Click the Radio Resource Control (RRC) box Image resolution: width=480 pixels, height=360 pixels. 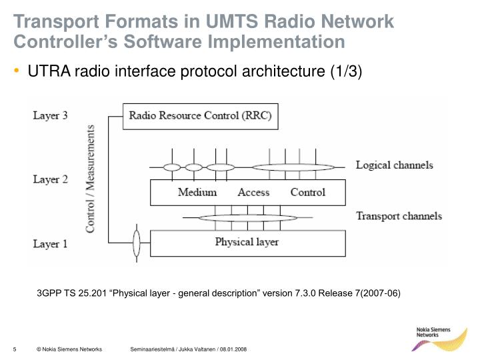200,117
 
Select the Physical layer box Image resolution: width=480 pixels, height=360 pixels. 247,243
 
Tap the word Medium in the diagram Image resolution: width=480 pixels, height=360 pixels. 197,193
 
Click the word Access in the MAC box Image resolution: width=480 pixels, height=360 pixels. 253,193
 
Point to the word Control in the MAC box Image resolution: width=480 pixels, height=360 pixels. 308,193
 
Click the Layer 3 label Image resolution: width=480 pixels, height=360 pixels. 51,116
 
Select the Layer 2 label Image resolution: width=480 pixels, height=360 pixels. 51,179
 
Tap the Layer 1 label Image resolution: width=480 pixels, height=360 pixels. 51,244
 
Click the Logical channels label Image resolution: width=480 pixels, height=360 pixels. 394,165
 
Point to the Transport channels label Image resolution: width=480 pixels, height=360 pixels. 399,216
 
